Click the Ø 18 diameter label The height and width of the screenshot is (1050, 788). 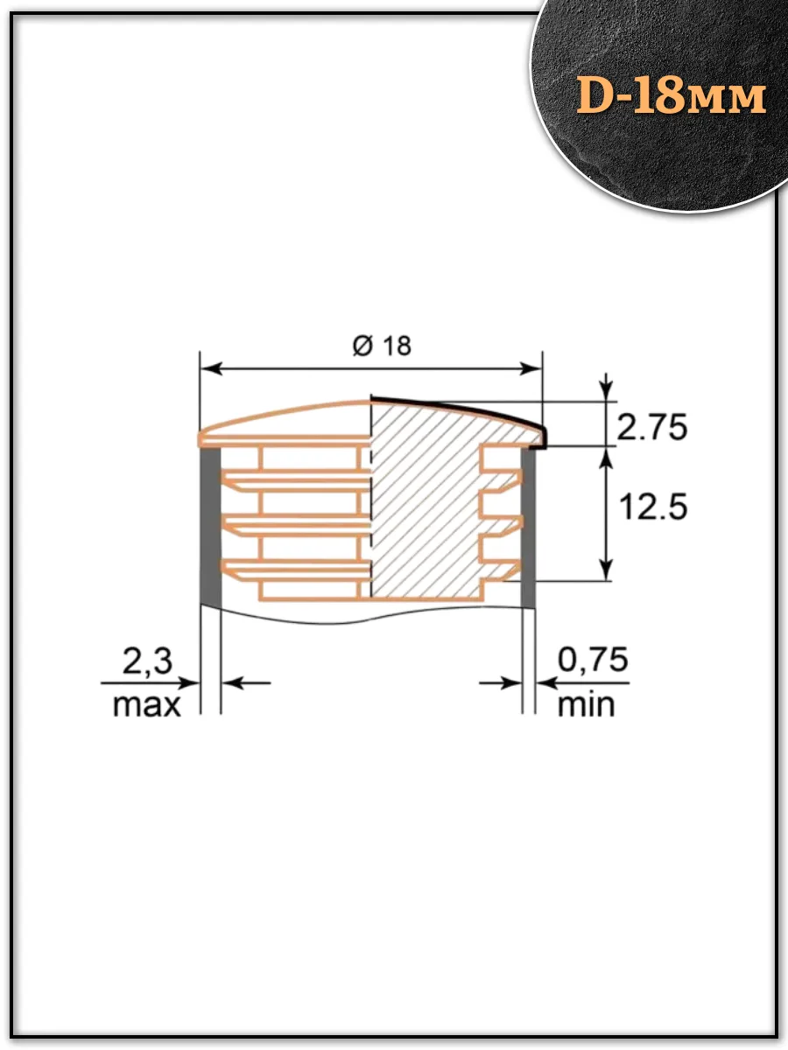click(382, 346)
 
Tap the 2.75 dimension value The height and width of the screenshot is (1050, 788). click(651, 427)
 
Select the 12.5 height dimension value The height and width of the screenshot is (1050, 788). click(653, 507)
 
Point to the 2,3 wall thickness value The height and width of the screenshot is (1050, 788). click(147, 662)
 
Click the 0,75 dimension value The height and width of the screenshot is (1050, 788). click(593, 660)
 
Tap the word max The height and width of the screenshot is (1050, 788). click(146, 705)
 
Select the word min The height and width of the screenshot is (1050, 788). click(586, 704)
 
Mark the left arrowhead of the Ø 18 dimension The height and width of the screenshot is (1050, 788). click(212, 369)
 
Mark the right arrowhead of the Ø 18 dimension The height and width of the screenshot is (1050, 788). click(531, 369)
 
